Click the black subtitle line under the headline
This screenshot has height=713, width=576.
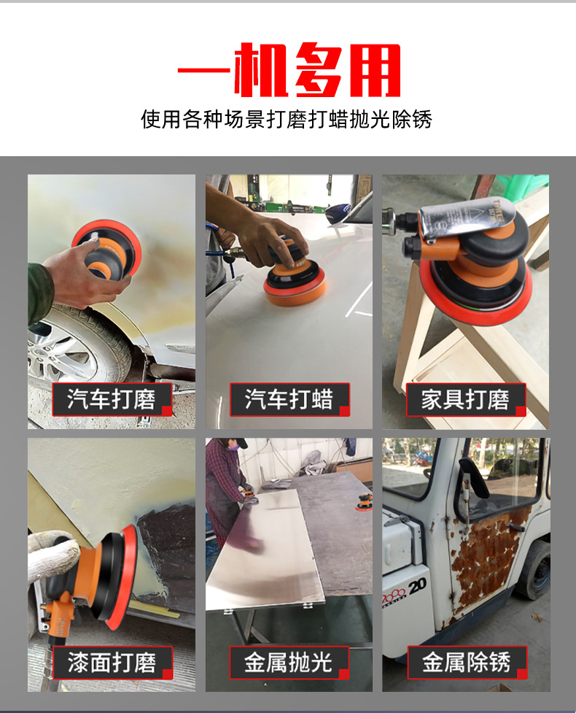[x=287, y=120]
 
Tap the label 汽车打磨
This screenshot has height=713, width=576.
[x=112, y=399]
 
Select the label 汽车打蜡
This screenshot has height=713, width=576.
[x=289, y=399]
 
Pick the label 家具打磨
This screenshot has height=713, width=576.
[x=466, y=399]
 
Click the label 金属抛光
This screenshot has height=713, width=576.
[x=289, y=663]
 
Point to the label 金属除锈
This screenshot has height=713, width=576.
[x=467, y=663]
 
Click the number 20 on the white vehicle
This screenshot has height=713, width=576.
[x=418, y=587]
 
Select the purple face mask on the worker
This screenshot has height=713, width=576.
[x=233, y=447]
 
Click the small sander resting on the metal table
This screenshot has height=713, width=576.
[x=365, y=502]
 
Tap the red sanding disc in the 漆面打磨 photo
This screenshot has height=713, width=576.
[x=122, y=577]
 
